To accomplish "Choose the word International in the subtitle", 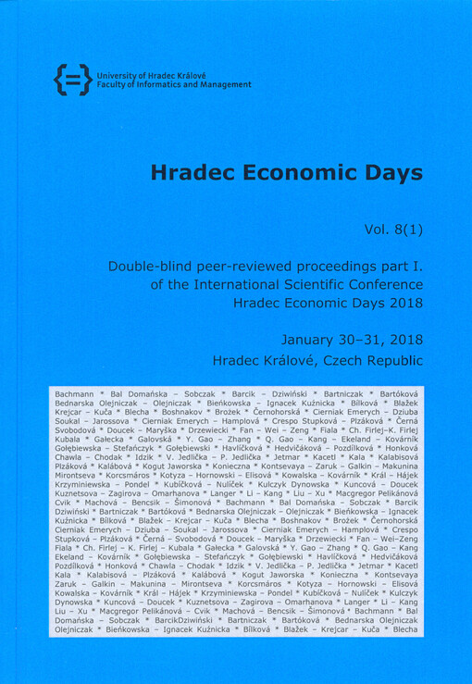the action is (x=205, y=284).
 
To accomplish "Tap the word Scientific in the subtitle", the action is (x=284, y=284).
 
